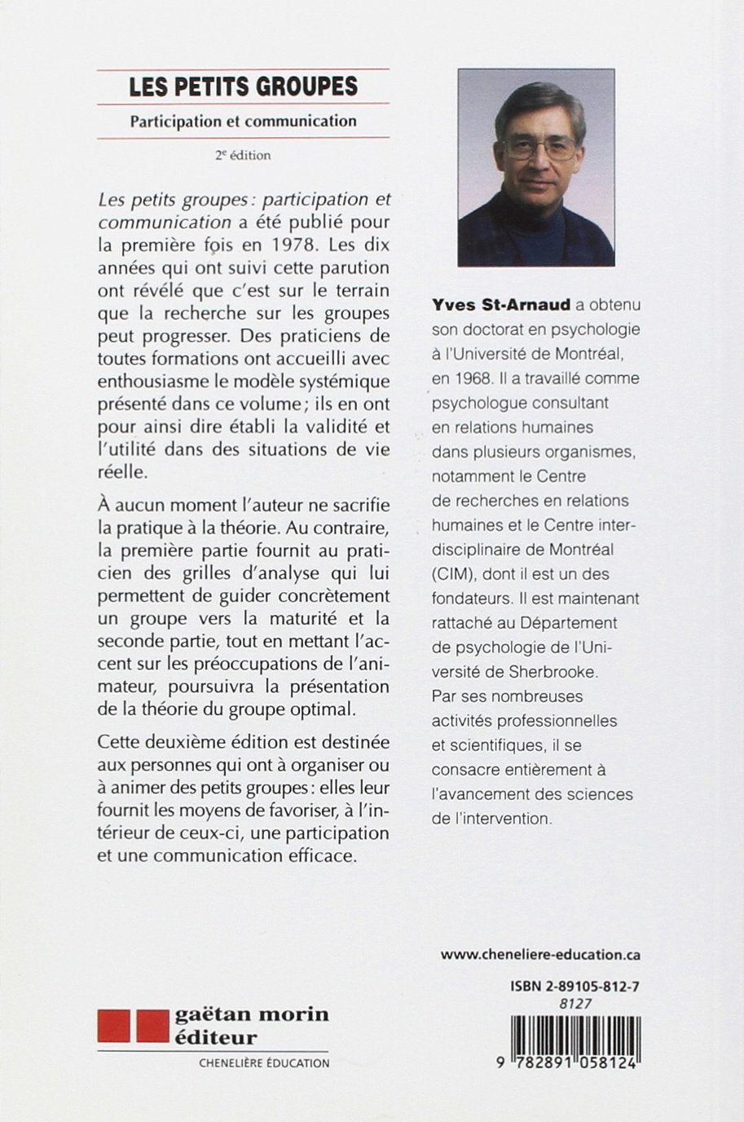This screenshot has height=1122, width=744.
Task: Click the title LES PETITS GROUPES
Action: point(243,86)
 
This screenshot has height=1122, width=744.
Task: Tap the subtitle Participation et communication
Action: point(243,121)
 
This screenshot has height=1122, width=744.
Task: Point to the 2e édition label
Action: point(243,154)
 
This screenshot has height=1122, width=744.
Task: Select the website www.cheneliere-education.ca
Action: point(539,954)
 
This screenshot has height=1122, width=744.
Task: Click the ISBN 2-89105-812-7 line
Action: point(575,986)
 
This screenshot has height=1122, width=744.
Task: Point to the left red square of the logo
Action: point(113,1025)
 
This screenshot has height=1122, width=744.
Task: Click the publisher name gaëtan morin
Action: point(251,1014)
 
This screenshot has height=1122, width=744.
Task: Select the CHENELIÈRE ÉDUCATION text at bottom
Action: point(264,1062)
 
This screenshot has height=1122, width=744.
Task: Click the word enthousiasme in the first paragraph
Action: point(147,381)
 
